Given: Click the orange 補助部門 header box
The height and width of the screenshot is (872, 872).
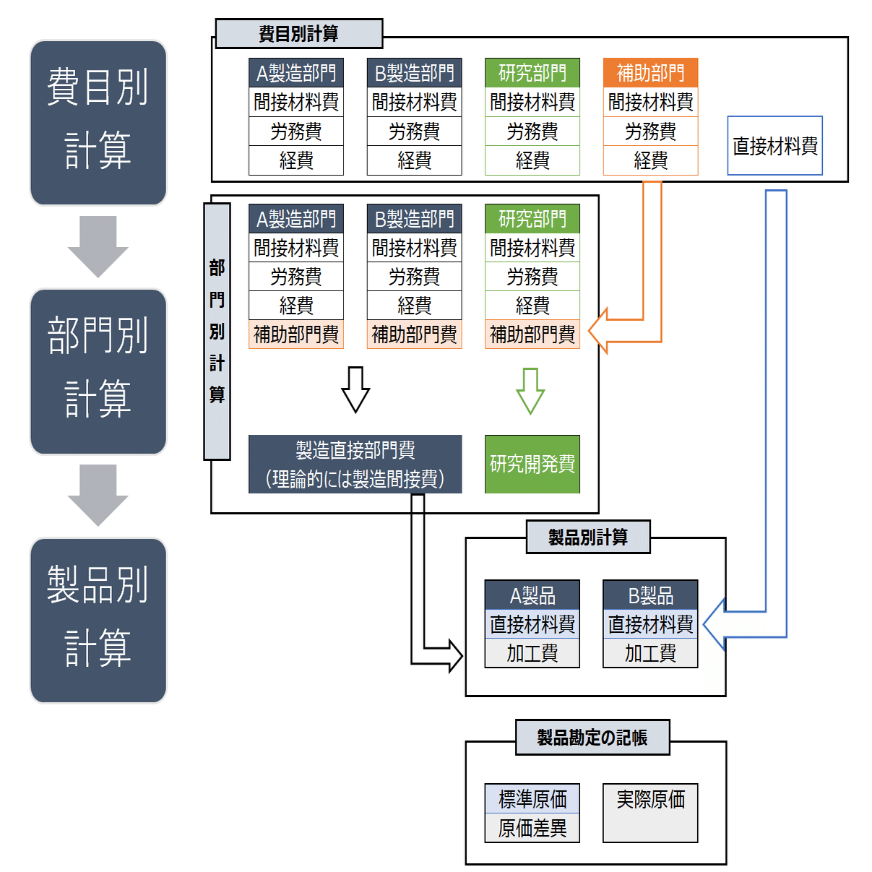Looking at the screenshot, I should [x=650, y=73].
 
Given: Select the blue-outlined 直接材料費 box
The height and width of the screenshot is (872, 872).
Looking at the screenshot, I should [x=774, y=146].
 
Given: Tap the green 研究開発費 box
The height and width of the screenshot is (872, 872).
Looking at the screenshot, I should [x=532, y=464].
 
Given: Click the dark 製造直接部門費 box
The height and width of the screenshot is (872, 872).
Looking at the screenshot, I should [x=355, y=464].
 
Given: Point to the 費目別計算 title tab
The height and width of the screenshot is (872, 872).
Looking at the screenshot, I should [x=299, y=34].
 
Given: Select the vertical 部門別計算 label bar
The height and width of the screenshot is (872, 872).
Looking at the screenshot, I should [x=217, y=332].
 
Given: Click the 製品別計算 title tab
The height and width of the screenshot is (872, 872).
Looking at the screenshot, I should [x=588, y=537].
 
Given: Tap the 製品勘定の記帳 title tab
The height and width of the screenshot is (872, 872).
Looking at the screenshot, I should [x=592, y=738].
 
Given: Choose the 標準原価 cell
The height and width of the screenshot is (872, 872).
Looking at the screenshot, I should [x=532, y=799].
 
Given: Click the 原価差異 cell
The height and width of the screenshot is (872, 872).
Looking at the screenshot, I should [x=532, y=828].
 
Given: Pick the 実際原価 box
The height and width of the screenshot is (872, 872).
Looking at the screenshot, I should [x=650, y=813].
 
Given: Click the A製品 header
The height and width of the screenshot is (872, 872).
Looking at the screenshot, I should [x=532, y=595].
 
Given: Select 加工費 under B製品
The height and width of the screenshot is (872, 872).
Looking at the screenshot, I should [x=650, y=653].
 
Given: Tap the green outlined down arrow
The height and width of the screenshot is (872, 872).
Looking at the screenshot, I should [x=530, y=391].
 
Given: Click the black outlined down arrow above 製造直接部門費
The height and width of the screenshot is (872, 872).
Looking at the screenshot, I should [x=355, y=389].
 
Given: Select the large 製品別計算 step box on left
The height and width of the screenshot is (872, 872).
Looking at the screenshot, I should [x=98, y=620].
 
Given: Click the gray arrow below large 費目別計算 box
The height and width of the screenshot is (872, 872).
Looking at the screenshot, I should [x=98, y=246].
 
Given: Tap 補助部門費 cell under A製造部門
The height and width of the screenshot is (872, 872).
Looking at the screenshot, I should [x=296, y=334].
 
